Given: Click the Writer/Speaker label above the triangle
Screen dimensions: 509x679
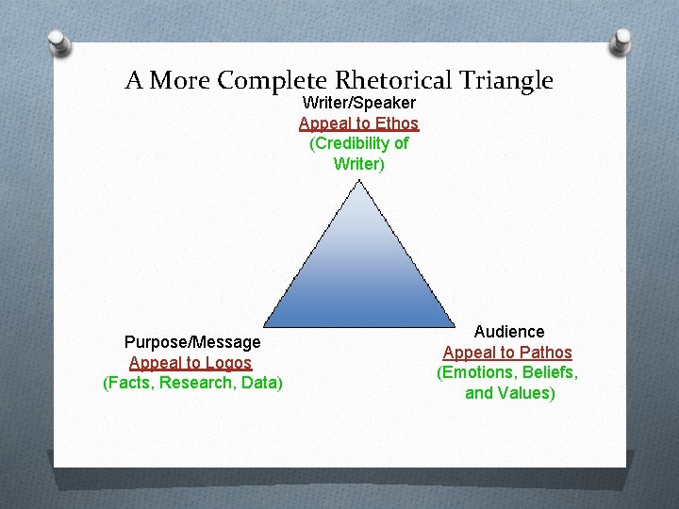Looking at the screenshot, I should (x=359, y=103).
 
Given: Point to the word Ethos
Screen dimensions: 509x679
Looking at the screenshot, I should (x=396, y=123).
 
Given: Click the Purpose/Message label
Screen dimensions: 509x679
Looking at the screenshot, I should (x=192, y=342).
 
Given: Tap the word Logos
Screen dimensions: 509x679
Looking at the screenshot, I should (x=230, y=363).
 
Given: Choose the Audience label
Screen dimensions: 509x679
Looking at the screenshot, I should (x=509, y=332).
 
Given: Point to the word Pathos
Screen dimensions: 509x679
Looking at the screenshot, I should (x=548, y=353).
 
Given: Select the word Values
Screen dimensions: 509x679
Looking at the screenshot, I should (x=525, y=393).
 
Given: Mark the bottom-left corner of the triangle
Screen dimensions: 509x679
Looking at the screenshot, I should (x=265, y=325).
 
